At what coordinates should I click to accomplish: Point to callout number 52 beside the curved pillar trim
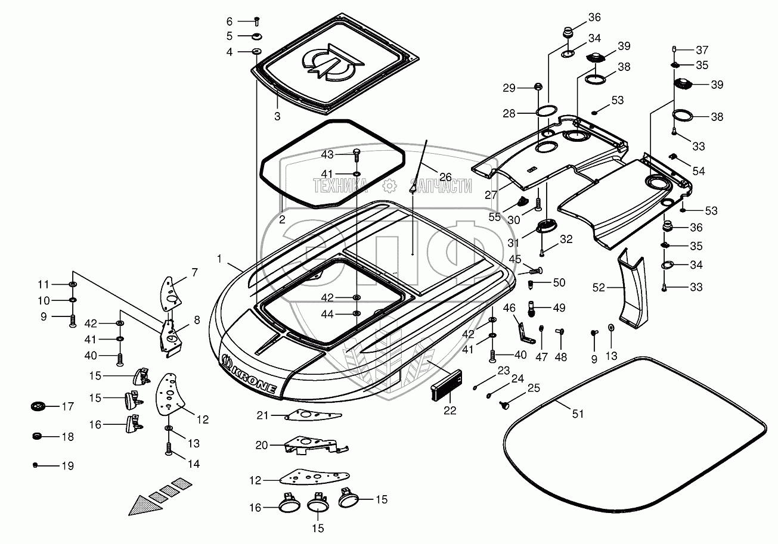click(x=598, y=287)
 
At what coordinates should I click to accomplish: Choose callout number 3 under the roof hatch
click(x=277, y=116)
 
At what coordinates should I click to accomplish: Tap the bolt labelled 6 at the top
click(x=257, y=21)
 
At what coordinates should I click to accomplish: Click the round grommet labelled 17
click(x=38, y=407)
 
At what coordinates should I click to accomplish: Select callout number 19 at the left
click(x=68, y=466)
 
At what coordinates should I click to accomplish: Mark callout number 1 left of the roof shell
click(x=219, y=259)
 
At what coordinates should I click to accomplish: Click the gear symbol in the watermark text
click(x=389, y=185)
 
